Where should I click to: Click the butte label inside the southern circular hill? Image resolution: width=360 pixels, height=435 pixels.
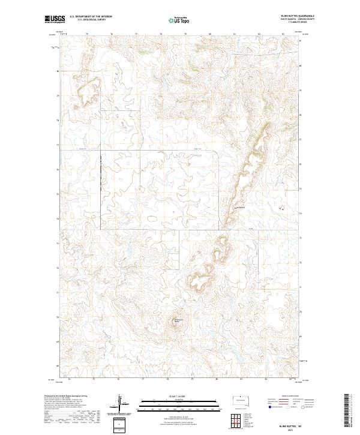pos(177,321)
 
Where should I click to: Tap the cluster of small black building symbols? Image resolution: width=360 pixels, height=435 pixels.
pos(282,208)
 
